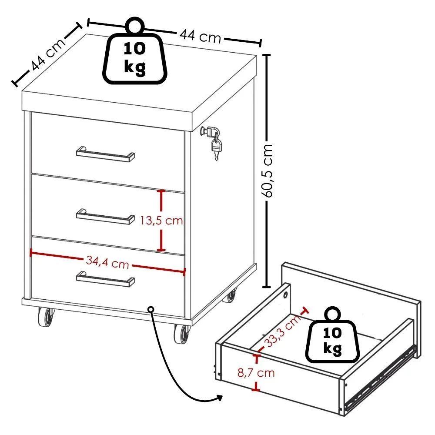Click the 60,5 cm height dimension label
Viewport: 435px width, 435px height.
point(268,171)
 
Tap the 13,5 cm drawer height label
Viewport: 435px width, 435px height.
point(161,221)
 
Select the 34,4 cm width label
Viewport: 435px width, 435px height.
point(107,262)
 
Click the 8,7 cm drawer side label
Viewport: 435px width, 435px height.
point(256,373)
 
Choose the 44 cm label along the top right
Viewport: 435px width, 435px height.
point(200,36)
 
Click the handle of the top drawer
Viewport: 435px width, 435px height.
point(105,154)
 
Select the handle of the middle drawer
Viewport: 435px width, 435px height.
point(105,216)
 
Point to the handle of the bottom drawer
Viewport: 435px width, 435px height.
point(105,279)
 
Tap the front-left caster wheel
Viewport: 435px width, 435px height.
point(46,317)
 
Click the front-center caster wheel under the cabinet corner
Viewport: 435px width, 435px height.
point(182,334)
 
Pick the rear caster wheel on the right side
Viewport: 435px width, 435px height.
point(230,296)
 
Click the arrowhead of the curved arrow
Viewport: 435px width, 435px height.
point(219,398)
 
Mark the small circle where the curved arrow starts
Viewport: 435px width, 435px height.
point(151,309)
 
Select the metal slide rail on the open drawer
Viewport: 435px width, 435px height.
point(380,379)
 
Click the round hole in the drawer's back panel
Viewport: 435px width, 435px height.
point(285,295)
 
